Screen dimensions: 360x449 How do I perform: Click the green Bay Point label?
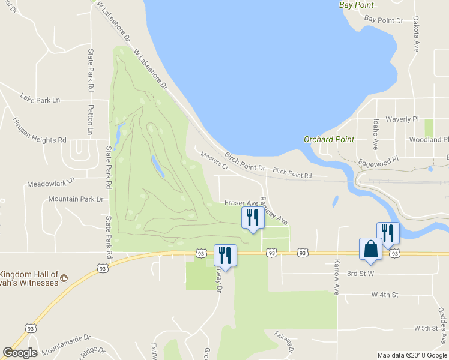356,5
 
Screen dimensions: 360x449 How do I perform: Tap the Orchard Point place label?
329,139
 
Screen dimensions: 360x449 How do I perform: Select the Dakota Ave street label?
416,34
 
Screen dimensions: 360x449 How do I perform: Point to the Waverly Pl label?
402,119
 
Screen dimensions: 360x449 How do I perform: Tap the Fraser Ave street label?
241,203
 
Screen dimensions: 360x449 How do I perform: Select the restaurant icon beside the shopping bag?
388,233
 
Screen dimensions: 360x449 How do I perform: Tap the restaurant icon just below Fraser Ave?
253,217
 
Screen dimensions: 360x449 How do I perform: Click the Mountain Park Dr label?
76,199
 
